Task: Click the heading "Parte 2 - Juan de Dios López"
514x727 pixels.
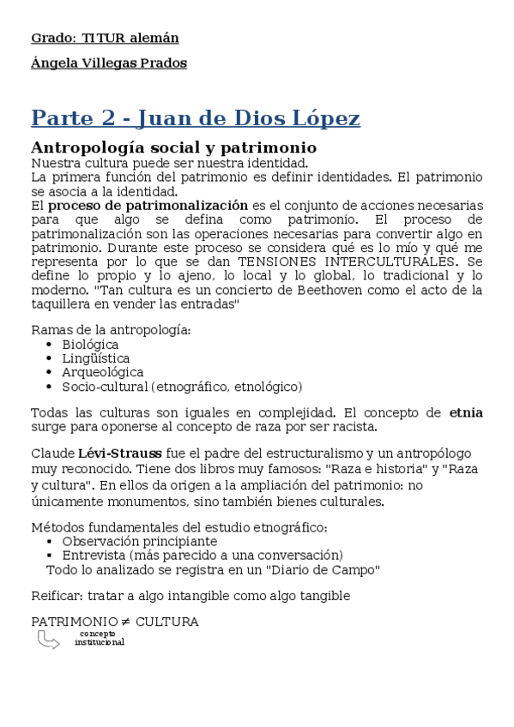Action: click(x=195, y=117)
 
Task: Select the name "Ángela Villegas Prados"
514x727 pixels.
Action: click(x=109, y=63)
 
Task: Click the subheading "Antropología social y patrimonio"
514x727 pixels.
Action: click(x=161, y=147)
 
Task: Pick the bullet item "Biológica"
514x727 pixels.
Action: click(x=90, y=345)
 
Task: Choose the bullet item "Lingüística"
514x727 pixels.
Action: click(x=96, y=358)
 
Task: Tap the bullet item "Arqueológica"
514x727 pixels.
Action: click(x=103, y=372)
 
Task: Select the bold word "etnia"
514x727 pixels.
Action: click(x=466, y=412)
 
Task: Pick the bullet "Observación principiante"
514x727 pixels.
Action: click(x=139, y=541)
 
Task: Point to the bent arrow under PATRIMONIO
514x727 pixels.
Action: click(x=48, y=640)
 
